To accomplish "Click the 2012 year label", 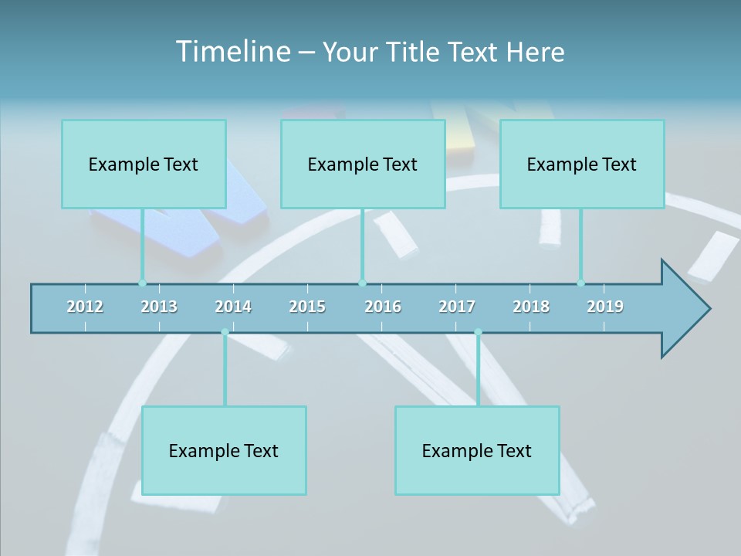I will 85,307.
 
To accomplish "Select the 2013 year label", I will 159,307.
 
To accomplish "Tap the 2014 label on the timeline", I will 233,307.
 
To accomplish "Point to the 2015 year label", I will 307,307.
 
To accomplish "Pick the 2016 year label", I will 383,307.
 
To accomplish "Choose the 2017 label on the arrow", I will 457,307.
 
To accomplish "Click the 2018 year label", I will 531,307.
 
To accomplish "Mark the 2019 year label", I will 605,307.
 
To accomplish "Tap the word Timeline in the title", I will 232,52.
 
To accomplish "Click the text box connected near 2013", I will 144,164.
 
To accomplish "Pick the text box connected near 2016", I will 363,164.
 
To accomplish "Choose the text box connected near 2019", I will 582,164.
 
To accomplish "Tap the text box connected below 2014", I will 224,450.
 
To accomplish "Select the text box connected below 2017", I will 477,450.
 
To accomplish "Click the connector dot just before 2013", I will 142,283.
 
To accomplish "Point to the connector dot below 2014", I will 225,333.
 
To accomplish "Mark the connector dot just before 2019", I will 580,283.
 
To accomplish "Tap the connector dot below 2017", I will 478,333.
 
